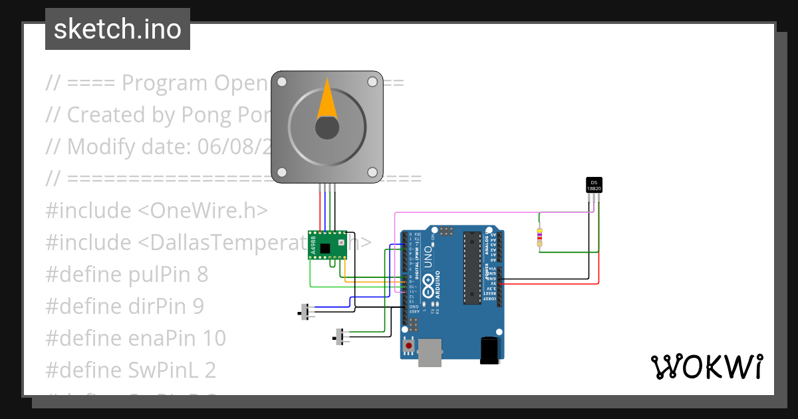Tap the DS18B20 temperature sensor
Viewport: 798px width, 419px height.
[x=594, y=186]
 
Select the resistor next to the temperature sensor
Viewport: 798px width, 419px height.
[x=539, y=236]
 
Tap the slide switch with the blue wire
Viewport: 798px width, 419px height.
[x=306, y=311]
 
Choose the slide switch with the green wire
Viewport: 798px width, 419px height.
[x=342, y=337]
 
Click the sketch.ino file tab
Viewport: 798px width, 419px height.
[x=118, y=29]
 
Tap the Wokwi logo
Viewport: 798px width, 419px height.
[x=706, y=366]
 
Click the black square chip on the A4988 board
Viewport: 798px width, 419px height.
[x=325, y=249]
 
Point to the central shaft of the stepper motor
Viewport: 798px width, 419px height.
[x=327, y=127]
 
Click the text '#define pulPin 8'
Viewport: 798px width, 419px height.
[x=127, y=274]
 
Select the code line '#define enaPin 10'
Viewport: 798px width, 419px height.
[x=136, y=338]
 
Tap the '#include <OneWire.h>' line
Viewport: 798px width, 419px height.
[x=156, y=210]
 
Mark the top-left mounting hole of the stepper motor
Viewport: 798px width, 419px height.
[x=282, y=82]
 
